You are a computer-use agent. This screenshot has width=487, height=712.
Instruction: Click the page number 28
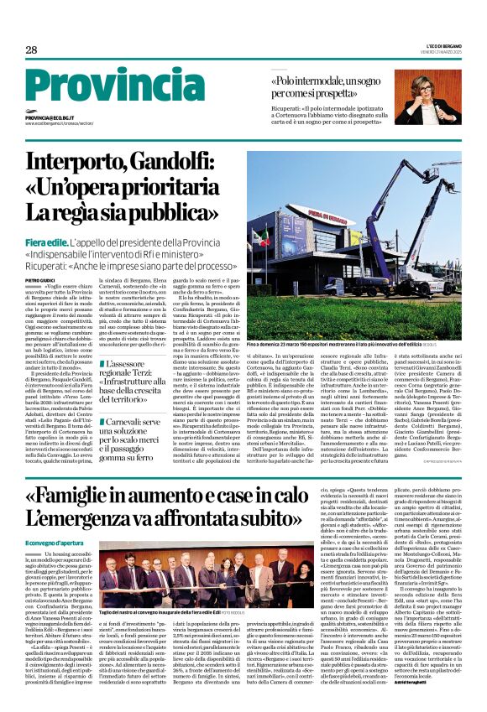click(x=31, y=49)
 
